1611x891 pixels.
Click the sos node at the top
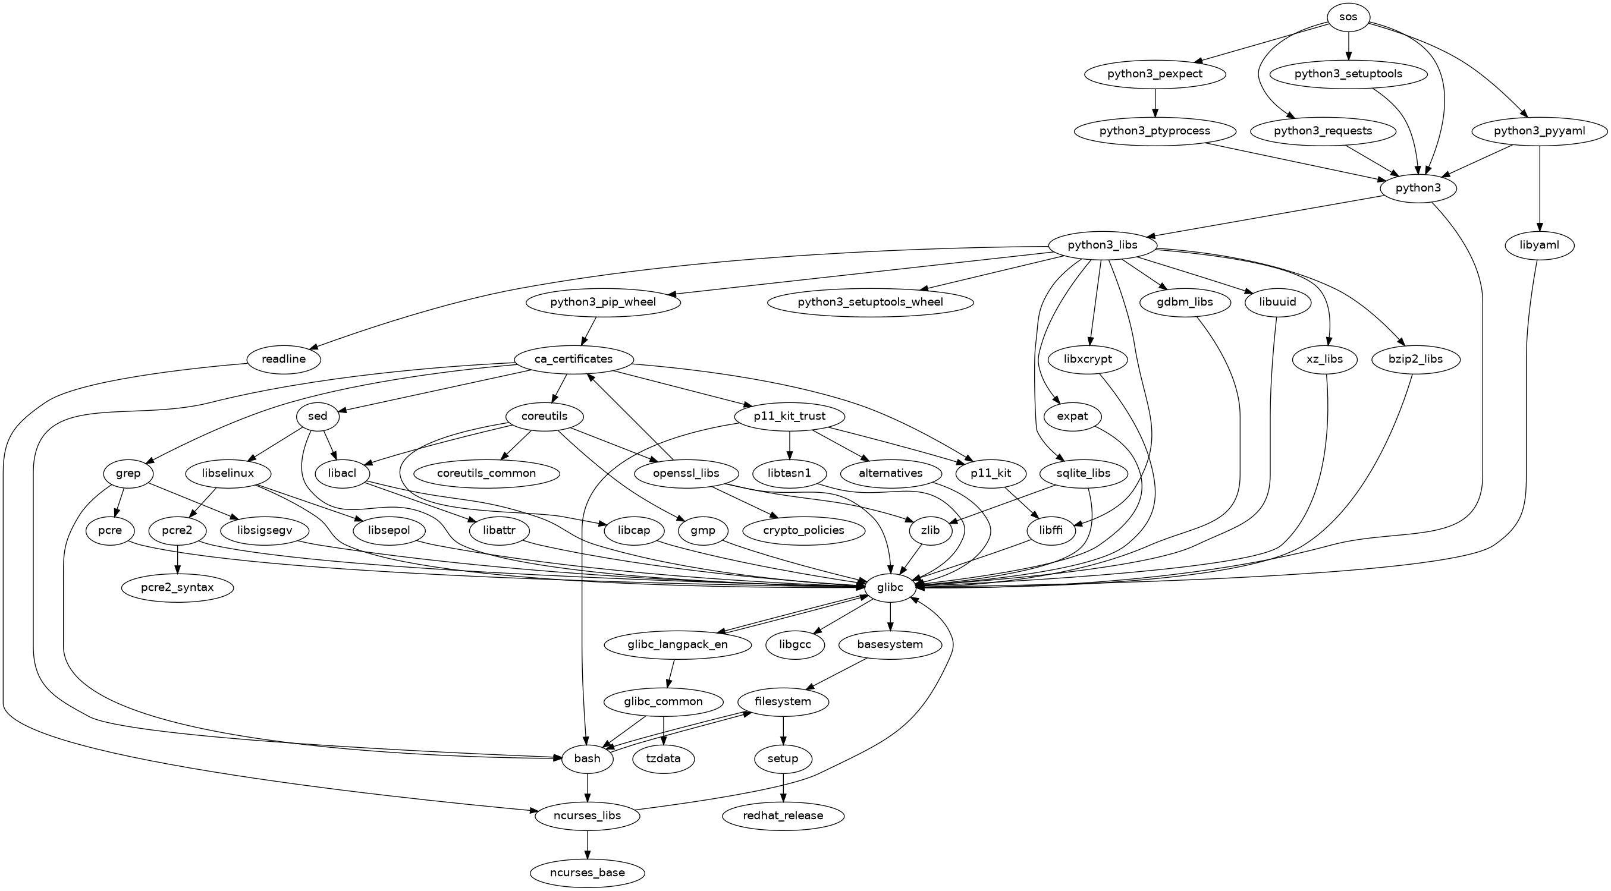point(1348,17)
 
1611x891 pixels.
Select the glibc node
point(891,587)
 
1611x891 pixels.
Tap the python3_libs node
point(1102,245)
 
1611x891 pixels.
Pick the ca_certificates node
point(573,359)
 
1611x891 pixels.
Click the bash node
point(586,758)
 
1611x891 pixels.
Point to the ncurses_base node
point(586,872)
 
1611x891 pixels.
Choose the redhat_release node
point(783,816)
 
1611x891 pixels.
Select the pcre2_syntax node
point(178,587)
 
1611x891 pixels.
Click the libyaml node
point(1539,245)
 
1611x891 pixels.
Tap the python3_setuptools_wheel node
point(870,302)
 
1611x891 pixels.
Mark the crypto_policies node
point(803,530)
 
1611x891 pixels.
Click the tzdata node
point(664,758)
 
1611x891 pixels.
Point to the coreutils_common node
point(486,473)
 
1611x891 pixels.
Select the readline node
point(284,359)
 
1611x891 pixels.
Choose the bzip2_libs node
point(1416,359)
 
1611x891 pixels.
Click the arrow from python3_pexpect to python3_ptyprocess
point(1155,103)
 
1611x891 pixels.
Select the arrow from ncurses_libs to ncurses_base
point(586,843)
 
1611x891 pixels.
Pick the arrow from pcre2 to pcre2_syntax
point(178,559)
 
